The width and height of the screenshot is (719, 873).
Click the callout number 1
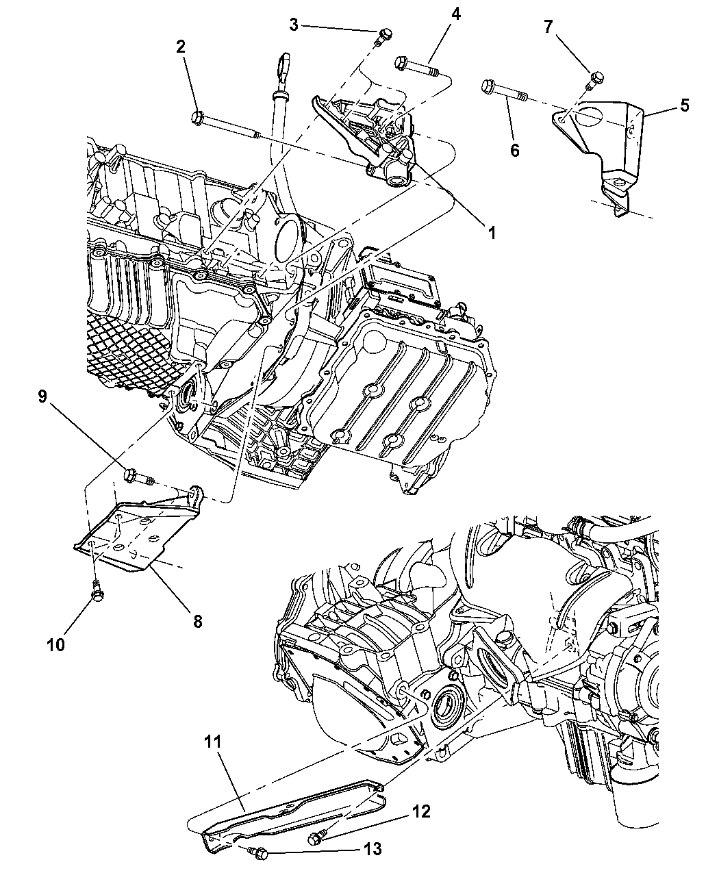[491, 232]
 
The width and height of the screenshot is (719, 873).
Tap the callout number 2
[181, 47]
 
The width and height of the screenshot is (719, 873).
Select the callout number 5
[684, 105]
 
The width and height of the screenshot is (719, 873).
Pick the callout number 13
[373, 850]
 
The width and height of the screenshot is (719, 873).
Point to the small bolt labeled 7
[596, 78]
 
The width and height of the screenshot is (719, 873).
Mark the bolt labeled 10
[99, 593]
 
